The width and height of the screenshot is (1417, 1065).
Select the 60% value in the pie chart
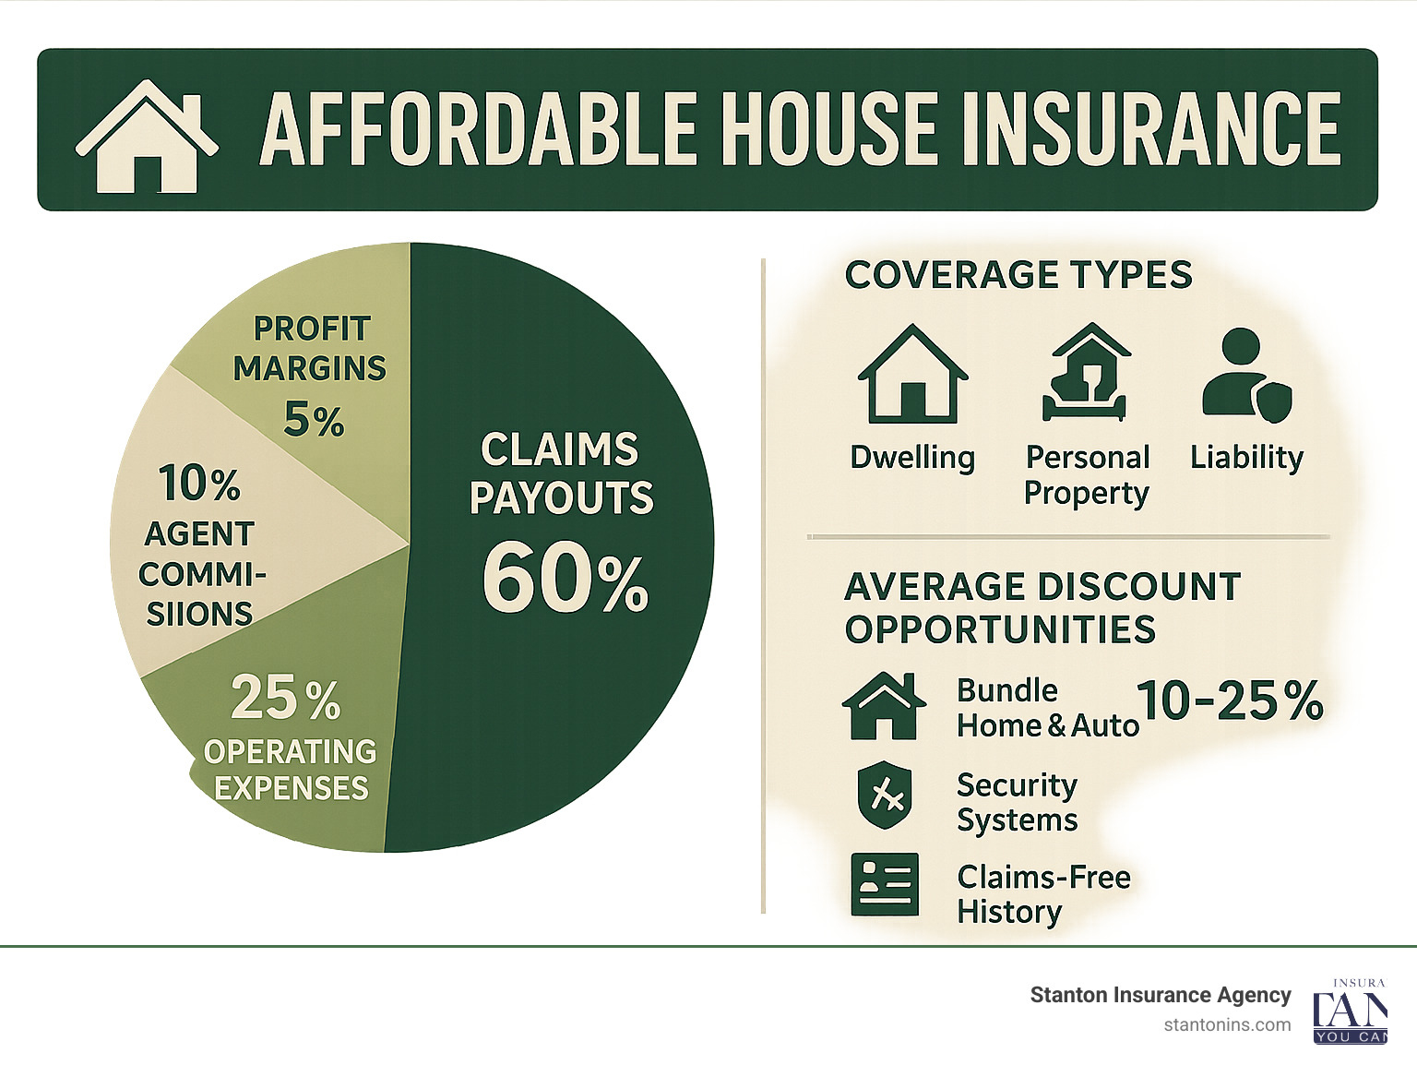pos(565,580)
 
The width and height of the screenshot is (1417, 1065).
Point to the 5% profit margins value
pos(314,421)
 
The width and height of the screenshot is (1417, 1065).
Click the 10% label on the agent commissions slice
pos(199,484)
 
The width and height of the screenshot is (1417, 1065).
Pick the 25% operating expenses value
pos(285,698)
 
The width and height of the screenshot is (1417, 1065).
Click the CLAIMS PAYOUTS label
pos(561,473)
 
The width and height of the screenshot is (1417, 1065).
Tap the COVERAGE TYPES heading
pos(1018,275)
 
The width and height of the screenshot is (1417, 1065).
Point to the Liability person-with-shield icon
pos(1246,377)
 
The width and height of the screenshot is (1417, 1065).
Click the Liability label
pos(1246,457)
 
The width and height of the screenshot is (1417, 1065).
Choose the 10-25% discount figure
pos(1230,700)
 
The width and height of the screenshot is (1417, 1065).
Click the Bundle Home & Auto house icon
pos(884,705)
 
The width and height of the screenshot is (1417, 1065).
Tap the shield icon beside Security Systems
pos(884,795)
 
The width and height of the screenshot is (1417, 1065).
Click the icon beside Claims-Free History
pos(884,884)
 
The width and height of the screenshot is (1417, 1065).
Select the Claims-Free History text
pos(1042,893)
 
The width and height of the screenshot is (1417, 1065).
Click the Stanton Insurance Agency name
pos(1160,995)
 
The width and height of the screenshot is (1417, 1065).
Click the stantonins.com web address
pos(1227,1024)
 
